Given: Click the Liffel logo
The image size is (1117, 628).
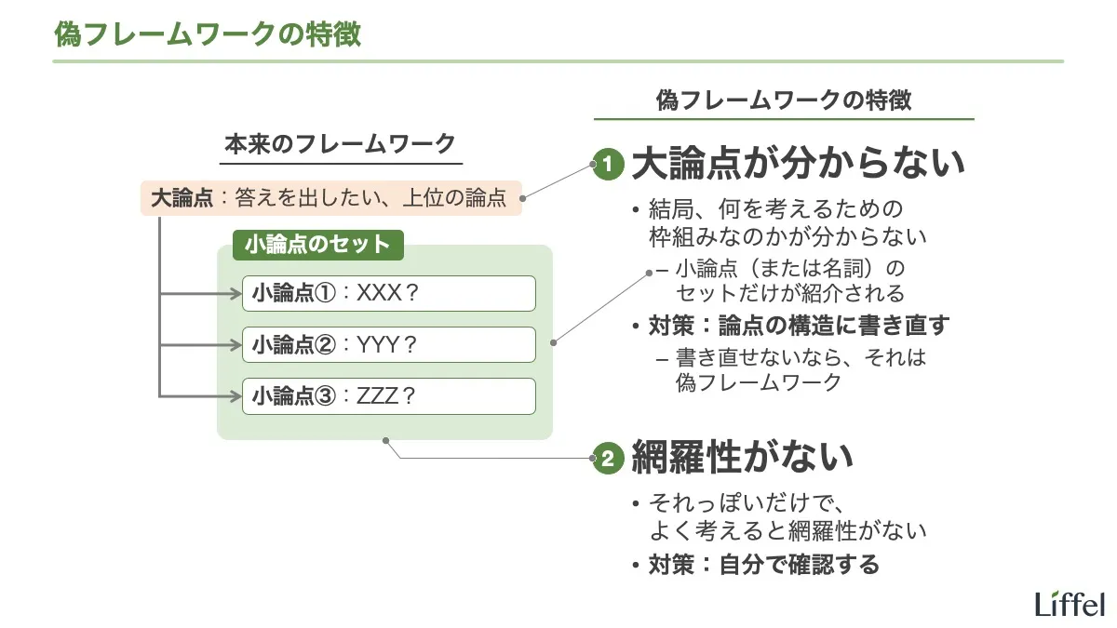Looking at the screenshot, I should click(1069, 603).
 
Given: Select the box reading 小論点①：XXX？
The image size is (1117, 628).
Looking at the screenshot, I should click(388, 293).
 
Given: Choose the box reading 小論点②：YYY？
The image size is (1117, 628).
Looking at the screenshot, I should click(388, 344).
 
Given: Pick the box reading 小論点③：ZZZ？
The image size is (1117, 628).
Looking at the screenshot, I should click(388, 395).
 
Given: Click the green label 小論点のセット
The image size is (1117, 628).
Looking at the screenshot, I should click(316, 245).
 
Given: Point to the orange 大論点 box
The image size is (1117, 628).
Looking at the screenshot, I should click(330, 197).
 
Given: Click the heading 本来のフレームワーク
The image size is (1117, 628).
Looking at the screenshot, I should click(341, 144).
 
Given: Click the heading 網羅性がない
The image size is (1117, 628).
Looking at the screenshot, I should click(742, 457).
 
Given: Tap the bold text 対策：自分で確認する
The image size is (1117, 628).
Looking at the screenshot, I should click(763, 564).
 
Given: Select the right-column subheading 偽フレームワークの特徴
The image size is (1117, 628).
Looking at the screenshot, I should click(783, 100).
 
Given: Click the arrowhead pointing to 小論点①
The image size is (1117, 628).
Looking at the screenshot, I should click(236, 294).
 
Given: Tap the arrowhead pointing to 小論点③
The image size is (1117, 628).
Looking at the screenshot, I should click(236, 396).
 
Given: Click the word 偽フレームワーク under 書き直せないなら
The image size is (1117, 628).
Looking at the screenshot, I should click(759, 381).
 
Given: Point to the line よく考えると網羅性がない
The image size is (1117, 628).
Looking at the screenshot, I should click(787, 531).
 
